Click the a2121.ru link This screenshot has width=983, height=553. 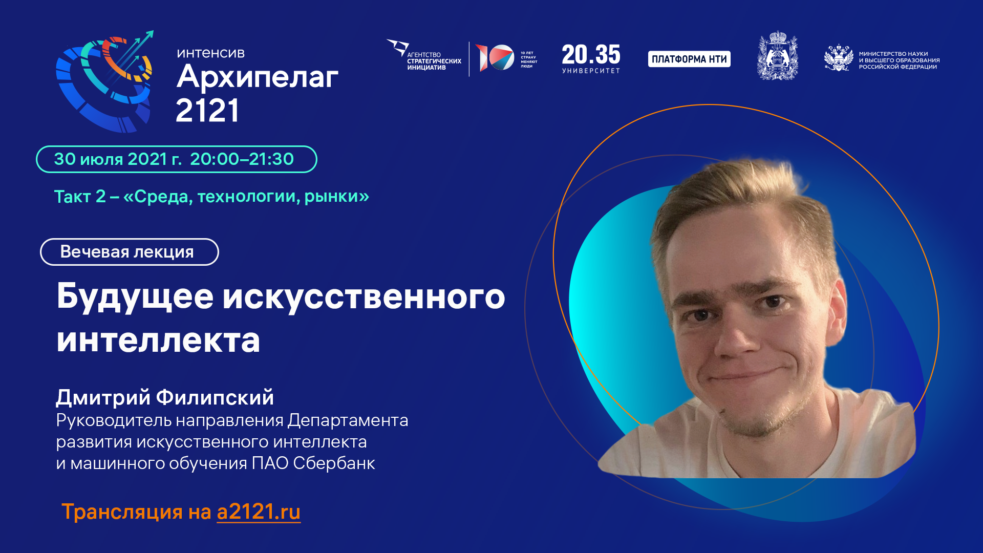click(x=259, y=512)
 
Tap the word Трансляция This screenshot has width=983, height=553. click(x=122, y=512)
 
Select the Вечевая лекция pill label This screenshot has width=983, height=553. click(x=129, y=252)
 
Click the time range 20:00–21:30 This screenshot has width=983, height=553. click(x=242, y=159)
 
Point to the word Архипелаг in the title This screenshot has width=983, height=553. click(x=257, y=78)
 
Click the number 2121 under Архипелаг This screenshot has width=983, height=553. click(x=207, y=111)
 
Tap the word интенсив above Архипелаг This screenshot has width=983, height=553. click(x=210, y=53)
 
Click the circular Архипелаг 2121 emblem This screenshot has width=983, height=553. click(x=105, y=82)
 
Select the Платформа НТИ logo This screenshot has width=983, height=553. click(x=689, y=59)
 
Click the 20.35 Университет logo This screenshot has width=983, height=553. click(x=591, y=58)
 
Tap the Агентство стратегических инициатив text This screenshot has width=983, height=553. click(x=434, y=61)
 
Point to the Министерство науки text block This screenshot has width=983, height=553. click(x=899, y=60)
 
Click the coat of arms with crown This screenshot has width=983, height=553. click(x=777, y=56)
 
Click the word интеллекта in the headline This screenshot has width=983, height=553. click(x=158, y=340)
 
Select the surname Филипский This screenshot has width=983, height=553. click(x=215, y=397)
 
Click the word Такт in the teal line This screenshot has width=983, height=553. click(x=73, y=197)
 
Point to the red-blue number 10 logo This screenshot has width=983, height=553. click(x=495, y=57)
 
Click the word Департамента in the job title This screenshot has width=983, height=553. click(x=348, y=420)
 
